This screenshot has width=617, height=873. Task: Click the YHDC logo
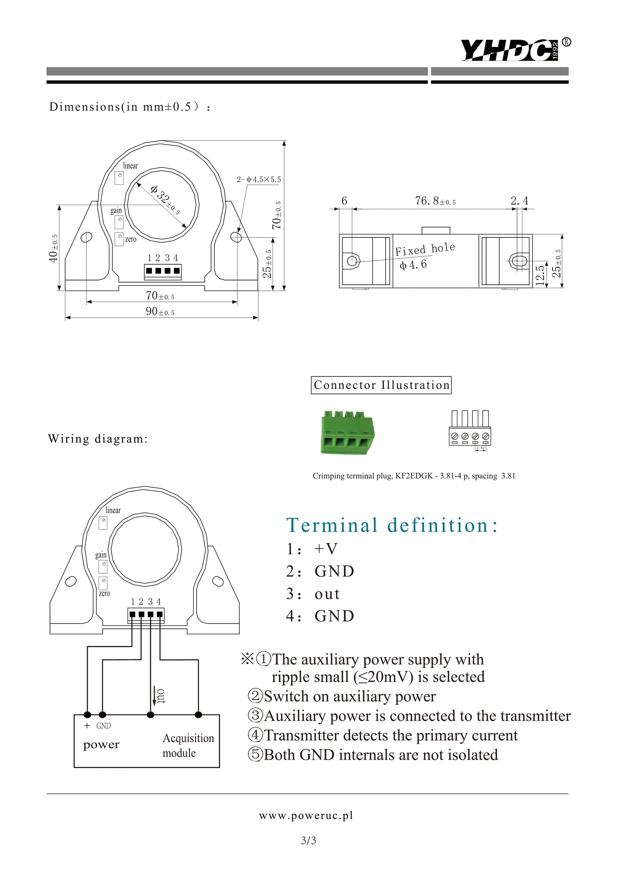pyautogui.click(x=516, y=50)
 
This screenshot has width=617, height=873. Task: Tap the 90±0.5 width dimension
pyautogui.click(x=160, y=312)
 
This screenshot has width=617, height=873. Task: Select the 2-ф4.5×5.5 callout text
pyautogui.click(x=259, y=179)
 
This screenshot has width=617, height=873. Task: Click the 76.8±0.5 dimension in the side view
pyautogui.click(x=435, y=201)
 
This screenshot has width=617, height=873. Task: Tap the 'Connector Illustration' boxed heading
pyautogui.click(x=381, y=385)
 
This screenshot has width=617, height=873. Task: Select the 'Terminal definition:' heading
pyautogui.click(x=392, y=525)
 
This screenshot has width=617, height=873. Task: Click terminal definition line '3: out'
pyautogui.click(x=313, y=594)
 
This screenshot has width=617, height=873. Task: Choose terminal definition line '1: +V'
pyautogui.click(x=312, y=549)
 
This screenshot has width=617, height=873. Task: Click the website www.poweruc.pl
pyautogui.click(x=306, y=815)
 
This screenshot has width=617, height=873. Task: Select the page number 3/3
pyautogui.click(x=308, y=841)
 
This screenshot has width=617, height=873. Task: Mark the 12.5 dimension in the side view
pyautogui.click(x=540, y=275)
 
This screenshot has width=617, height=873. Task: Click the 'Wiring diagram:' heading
pyautogui.click(x=98, y=439)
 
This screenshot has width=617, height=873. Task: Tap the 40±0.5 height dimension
pyautogui.click(x=53, y=248)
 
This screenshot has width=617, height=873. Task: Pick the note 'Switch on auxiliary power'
pyautogui.click(x=342, y=696)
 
